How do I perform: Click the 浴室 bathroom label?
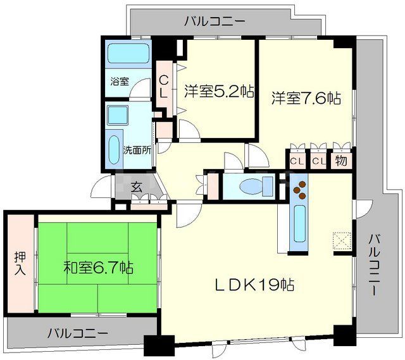(x=120, y=81)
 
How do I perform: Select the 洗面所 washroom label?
(x=137, y=151)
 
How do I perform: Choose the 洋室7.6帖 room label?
(x=306, y=98)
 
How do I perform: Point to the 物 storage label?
(x=340, y=161)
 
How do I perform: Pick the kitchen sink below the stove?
(x=299, y=224)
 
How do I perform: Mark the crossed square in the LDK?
(x=340, y=240)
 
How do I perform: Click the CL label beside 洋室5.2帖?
(x=163, y=87)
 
